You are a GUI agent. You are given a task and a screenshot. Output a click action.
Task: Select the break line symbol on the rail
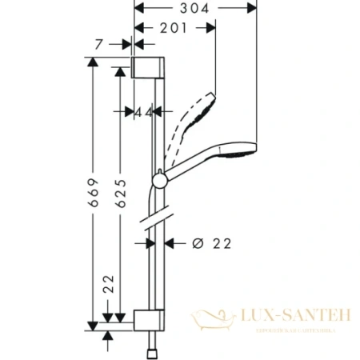157,218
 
